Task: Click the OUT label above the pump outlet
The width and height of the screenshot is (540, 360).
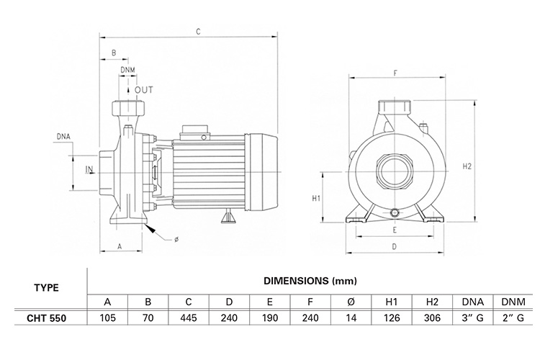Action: point(145,90)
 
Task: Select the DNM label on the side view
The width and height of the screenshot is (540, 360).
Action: point(127,70)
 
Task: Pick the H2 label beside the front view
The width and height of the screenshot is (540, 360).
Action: point(467,166)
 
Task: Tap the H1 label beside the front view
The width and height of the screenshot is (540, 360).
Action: point(316,197)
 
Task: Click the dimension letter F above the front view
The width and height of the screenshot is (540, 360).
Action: point(395,73)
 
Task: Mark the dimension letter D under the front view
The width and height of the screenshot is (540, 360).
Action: point(395,246)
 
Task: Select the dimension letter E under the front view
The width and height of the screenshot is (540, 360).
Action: point(395,230)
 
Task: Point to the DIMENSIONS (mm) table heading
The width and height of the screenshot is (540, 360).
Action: point(310,280)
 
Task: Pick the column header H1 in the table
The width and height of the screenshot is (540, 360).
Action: point(393,302)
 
